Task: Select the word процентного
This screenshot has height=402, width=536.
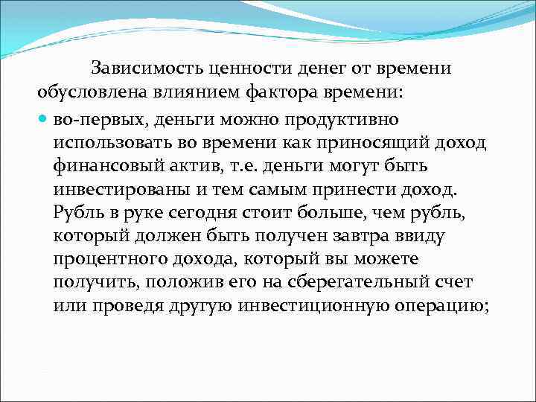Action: (109, 261)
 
